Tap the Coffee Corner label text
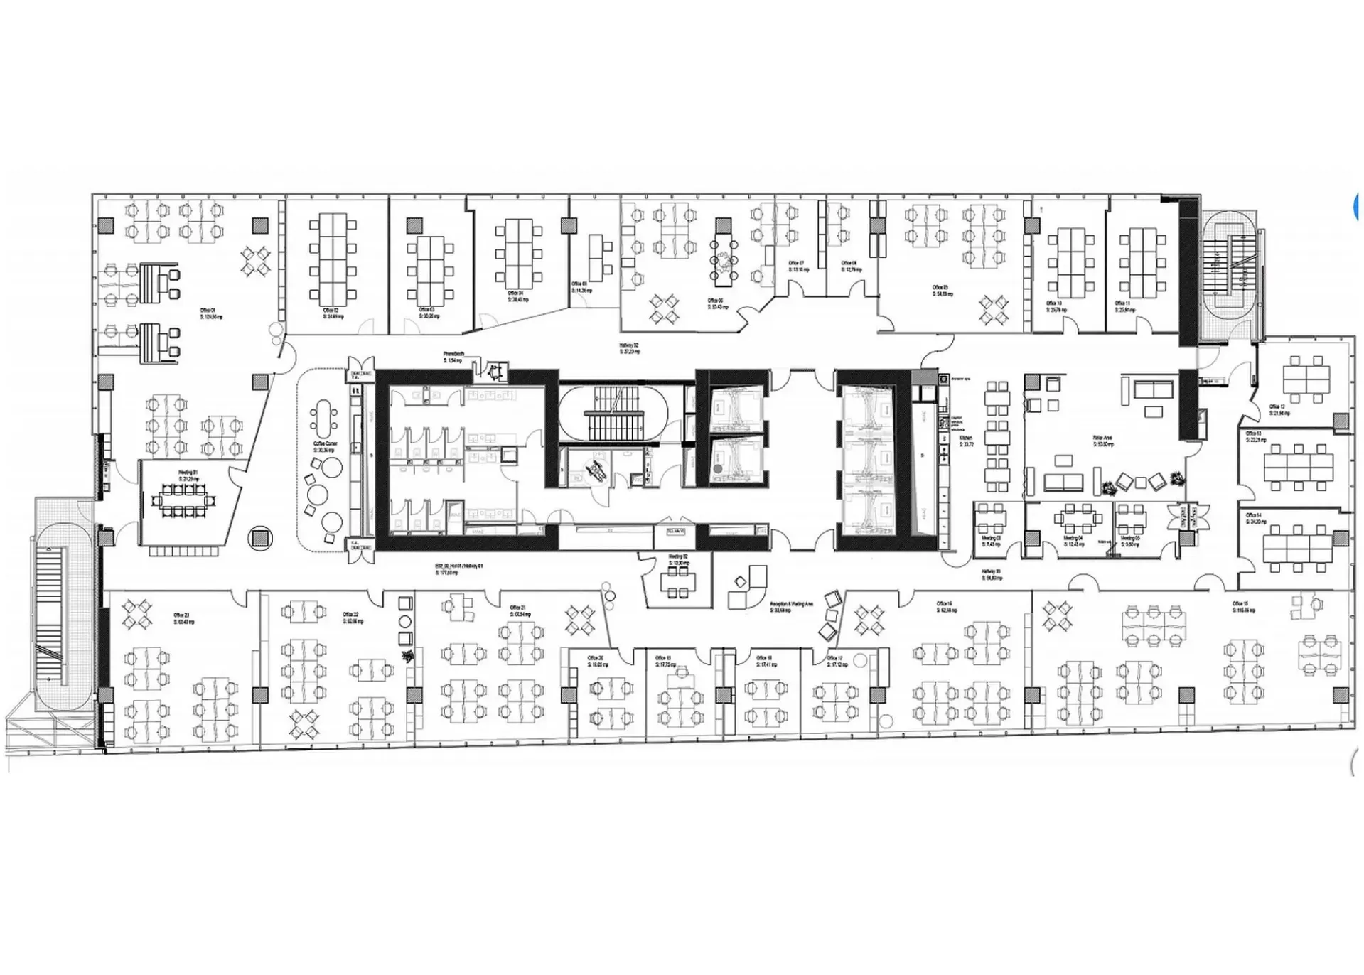click(x=325, y=446)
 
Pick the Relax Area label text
click(x=1102, y=441)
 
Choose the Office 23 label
click(x=183, y=618)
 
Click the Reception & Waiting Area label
click(x=791, y=607)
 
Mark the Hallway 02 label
click(x=629, y=348)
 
